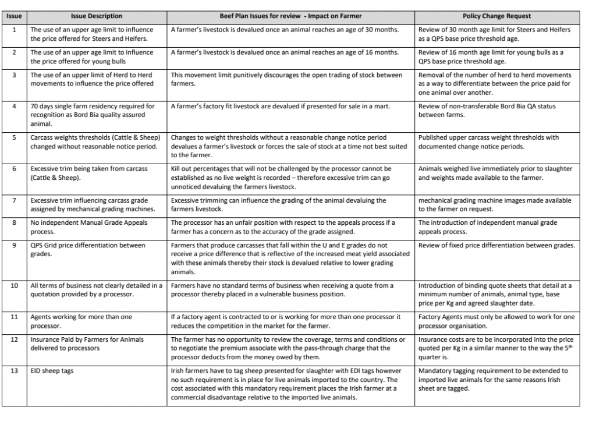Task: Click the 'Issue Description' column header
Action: point(97,16)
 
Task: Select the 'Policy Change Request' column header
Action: point(496,16)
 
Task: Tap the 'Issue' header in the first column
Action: point(14,16)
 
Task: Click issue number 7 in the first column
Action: point(14,200)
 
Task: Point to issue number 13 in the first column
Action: point(14,370)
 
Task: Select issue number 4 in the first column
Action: point(14,106)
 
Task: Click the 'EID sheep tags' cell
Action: point(52,371)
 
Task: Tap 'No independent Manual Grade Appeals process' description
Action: point(89,227)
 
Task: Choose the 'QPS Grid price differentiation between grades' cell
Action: point(88,249)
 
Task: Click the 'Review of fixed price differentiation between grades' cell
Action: point(496,246)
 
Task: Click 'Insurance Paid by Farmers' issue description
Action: point(87,344)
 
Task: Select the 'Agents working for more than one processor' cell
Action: point(81,321)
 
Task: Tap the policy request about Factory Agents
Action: point(496,321)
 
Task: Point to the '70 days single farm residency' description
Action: point(93,115)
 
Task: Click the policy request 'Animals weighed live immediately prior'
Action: point(495,173)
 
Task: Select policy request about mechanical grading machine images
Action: point(495,204)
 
